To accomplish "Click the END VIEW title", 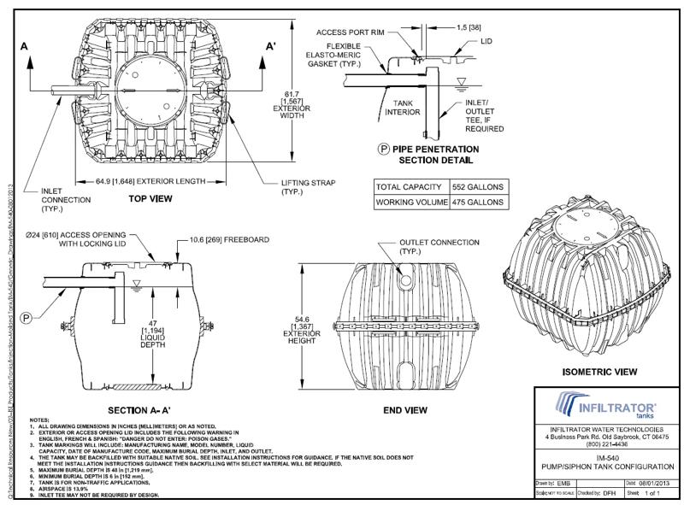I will (x=405, y=410).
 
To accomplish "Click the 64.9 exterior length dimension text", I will (x=141, y=181).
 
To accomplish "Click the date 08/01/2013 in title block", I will (x=653, y=484).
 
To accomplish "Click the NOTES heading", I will (x=39, y=420).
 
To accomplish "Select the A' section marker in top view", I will (x=272, y=48).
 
